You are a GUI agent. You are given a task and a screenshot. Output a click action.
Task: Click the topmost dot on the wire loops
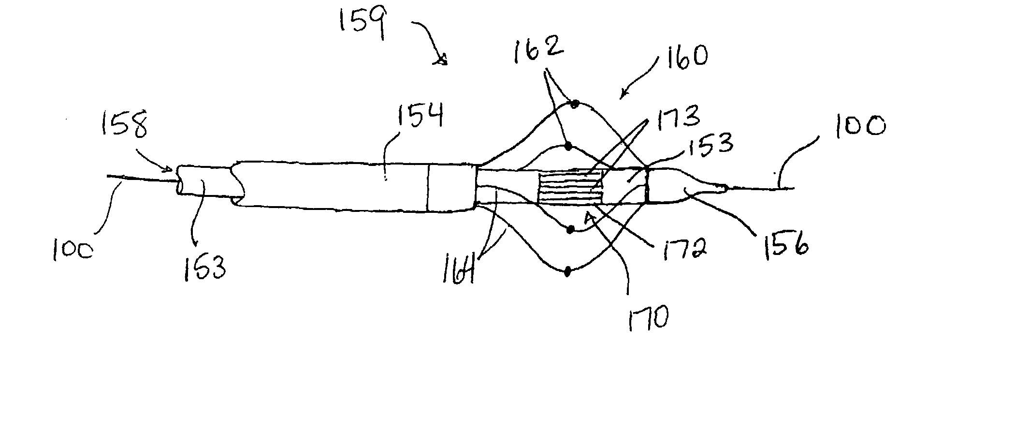[574, 104]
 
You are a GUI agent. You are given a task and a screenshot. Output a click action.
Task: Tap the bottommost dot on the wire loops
[568, 272]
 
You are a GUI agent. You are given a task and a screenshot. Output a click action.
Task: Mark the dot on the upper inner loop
[568, 146]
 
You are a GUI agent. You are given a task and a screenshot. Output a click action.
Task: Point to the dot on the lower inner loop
[570, 229]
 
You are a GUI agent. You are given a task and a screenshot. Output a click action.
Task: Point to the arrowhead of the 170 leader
[589, 217]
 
